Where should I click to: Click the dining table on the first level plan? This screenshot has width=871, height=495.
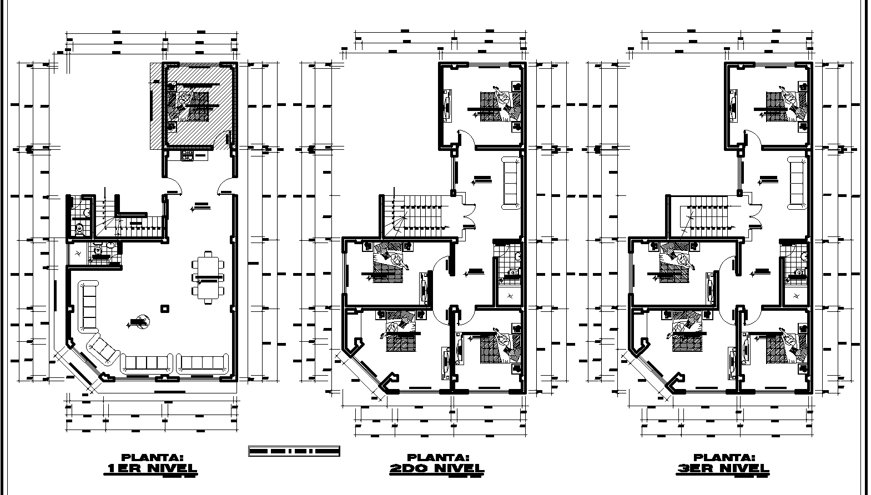208,276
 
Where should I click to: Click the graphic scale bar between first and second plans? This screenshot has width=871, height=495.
294,451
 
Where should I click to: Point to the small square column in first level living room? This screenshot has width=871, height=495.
165,308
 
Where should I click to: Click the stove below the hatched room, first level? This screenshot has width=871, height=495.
187,156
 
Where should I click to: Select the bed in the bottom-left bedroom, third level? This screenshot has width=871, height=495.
686,337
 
